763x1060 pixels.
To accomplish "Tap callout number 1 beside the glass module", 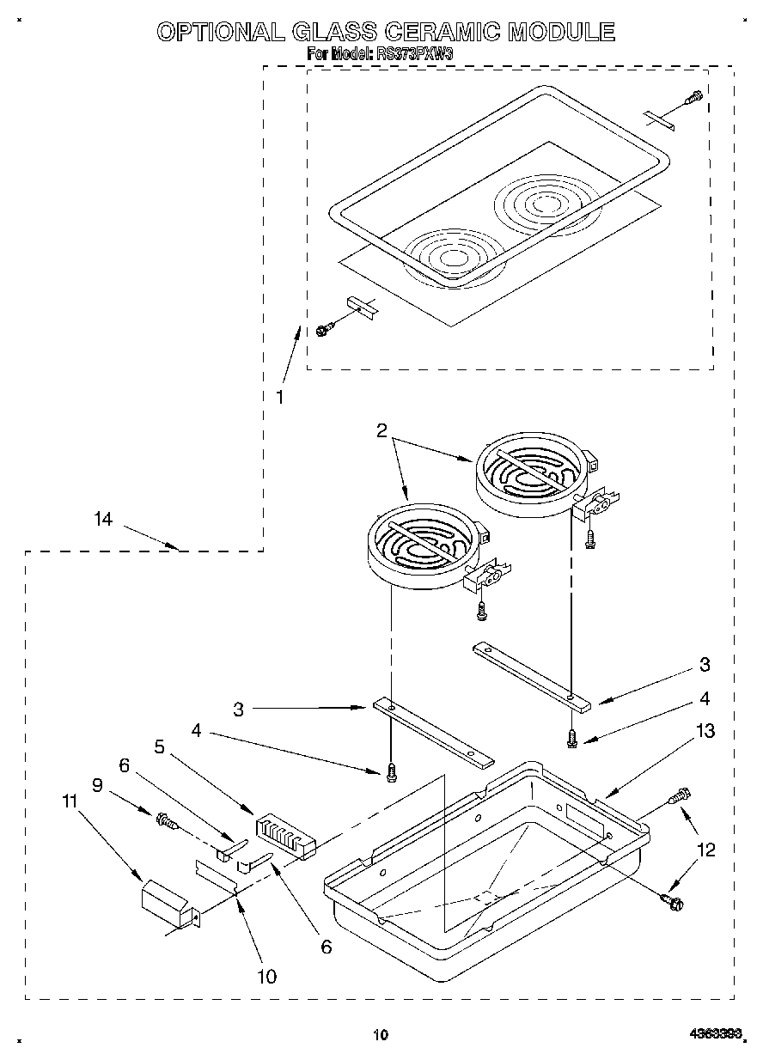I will (x=279, y=397).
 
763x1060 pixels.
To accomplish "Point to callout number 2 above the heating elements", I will (x=382, y=432).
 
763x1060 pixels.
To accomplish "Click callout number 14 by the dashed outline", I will (x=103, y=518).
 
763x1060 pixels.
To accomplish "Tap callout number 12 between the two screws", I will (x=706, y=850).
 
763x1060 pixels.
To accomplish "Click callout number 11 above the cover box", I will (x=70, y=801).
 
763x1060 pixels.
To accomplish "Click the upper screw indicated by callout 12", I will (x=680, y=795).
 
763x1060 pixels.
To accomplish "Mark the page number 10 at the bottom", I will (x=381, y=1034).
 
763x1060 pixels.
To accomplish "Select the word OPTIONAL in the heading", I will (x=220, y=32).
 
